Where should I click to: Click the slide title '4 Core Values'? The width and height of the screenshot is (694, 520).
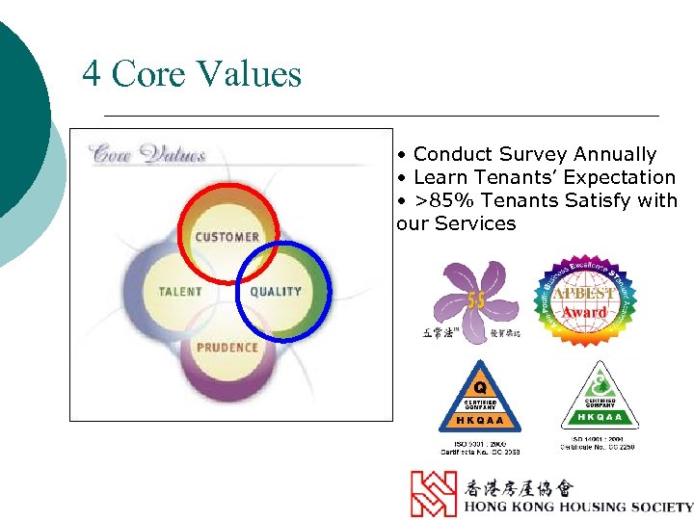coord(192,73)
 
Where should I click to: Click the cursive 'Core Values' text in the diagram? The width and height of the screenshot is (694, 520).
coord(147,154)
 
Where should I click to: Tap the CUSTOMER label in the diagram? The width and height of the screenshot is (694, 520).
coord(227,237)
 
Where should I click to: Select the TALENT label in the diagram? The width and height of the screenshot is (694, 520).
coord(181,291)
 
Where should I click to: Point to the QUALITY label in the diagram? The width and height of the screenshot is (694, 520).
coord(276,291)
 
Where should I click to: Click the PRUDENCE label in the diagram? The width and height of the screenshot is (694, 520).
coord(227,347)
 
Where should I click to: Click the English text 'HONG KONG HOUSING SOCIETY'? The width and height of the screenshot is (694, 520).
coord(577,507)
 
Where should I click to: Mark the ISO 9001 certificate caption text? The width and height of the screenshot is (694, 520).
coord(480,446)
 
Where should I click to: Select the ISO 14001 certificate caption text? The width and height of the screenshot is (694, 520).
coord(599,443)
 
